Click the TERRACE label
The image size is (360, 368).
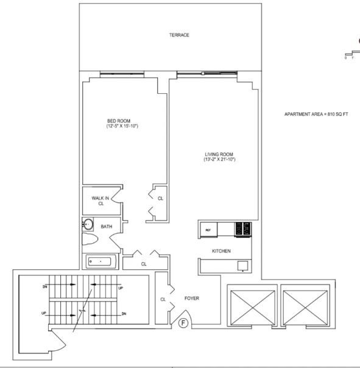tap(179, 35)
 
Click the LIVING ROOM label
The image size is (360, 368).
tap(219, 154)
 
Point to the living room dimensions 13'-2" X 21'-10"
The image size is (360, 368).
tap(219, 160)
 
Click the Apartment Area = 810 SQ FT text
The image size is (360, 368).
tap(316, 114)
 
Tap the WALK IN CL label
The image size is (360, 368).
tap(100, 200)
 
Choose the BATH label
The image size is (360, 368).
tap(107, 227)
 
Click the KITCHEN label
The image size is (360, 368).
tap(221, 251)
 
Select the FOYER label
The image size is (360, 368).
tap(192, 299)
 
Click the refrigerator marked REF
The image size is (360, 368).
tap(208, 230)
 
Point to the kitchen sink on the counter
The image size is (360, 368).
tap(242, 266)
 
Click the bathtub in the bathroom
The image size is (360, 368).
tap(101, 262)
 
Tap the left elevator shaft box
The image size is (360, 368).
tap(250, 307)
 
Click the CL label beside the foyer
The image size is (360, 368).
tap(163, 299)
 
